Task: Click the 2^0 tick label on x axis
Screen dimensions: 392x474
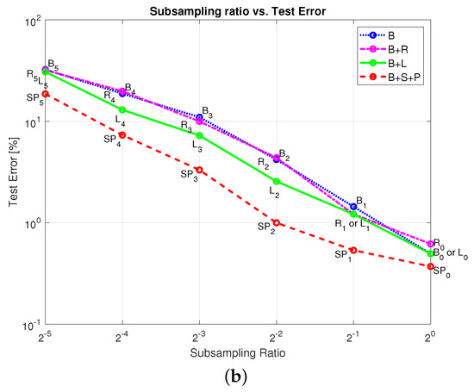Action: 430,338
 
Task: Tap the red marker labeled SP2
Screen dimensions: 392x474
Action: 276,222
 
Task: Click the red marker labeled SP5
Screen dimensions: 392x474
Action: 46,94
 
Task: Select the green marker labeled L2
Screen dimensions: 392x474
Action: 276,181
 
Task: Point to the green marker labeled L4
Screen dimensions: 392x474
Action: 122,109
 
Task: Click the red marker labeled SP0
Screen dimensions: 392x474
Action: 430,266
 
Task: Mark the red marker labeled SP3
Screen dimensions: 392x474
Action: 199,170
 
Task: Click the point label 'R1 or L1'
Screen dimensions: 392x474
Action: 352,225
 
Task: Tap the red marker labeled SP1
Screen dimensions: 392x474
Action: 353,250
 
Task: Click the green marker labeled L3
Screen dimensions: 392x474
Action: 199,135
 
